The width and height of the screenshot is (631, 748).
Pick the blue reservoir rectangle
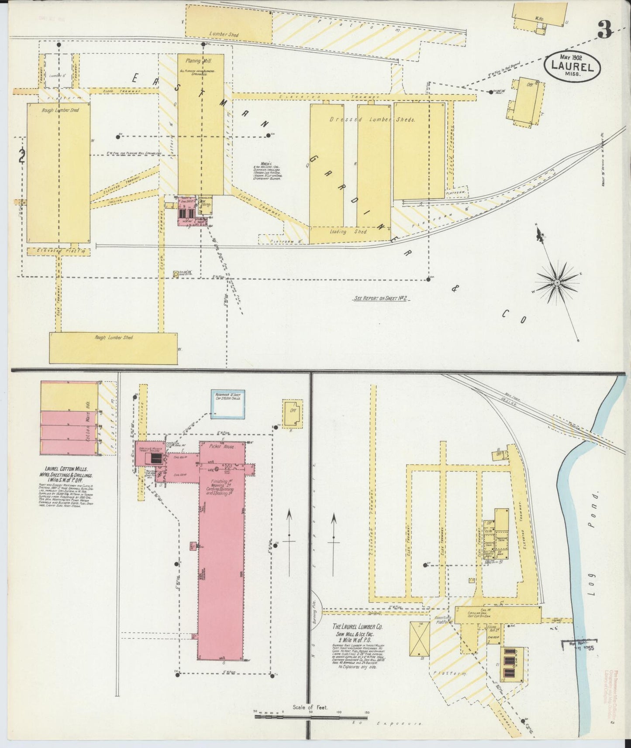click(x=228, y=404)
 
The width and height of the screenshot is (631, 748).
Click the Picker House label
click(x=222, y=447)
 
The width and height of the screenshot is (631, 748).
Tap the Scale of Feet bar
click(x=311, y=714)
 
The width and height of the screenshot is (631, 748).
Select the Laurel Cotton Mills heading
click(x=66, y=468)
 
